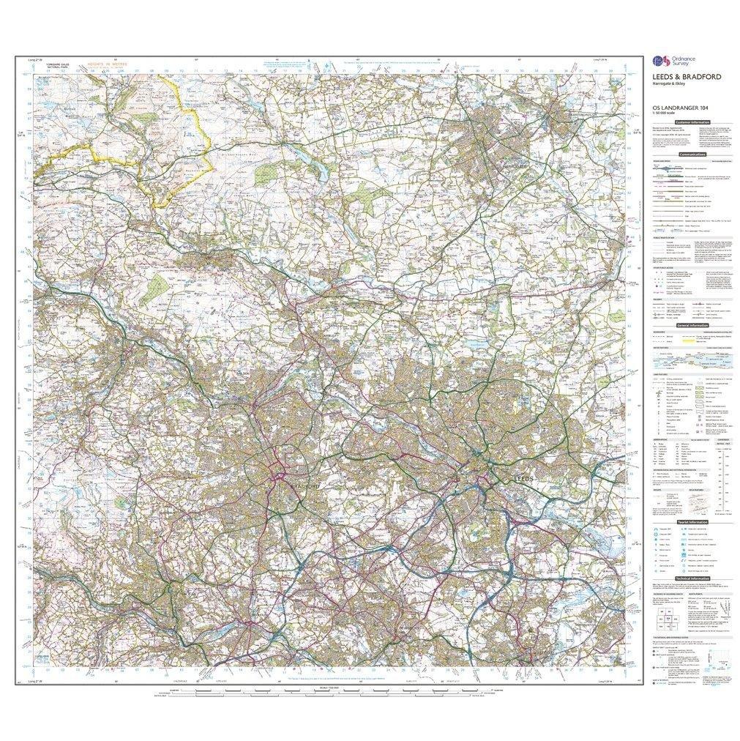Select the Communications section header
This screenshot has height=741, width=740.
click(x=692, y=154)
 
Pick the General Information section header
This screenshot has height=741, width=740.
click(x=692, y=324)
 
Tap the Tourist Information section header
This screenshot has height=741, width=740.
click(x=692, y=522)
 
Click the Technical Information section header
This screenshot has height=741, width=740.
click(x=692, y=578)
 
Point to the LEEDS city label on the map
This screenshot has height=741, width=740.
click(x=521, y=478)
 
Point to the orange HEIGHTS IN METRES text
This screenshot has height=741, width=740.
click(x=107, y=64)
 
